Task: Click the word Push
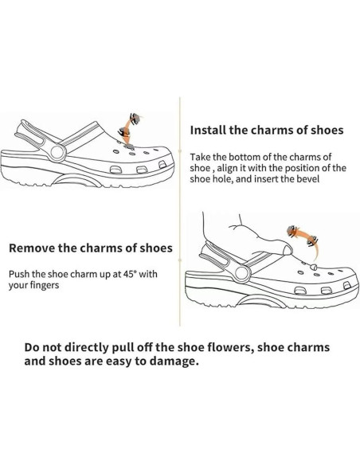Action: tap(21, 273)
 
